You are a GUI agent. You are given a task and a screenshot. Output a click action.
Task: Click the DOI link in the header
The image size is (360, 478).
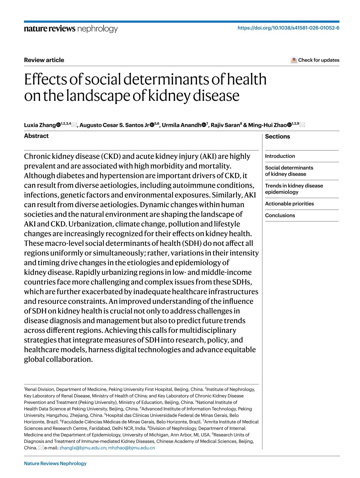(x=288, y=28)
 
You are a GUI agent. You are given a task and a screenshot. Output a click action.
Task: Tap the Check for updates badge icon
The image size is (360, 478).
(x=294, y=60)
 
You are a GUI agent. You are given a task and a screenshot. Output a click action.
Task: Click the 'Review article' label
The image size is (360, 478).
(x=44, y=60)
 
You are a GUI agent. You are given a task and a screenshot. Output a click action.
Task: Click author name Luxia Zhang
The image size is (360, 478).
(x=40, y=125)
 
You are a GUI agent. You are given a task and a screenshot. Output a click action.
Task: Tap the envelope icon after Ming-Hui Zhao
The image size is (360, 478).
(x=302, y=125)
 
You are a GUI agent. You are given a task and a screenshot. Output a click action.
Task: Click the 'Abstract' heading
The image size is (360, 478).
(x=36, y=136)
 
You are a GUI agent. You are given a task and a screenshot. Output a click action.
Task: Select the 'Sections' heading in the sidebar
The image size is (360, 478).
(x=277, y=137)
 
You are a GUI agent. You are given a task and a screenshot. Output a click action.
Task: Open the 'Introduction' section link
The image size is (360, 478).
(x=280, y=156)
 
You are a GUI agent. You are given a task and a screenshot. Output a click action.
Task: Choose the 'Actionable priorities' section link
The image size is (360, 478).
(x=289, y=204)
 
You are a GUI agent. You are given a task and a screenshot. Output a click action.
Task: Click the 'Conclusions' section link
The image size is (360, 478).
(x=280, y=215)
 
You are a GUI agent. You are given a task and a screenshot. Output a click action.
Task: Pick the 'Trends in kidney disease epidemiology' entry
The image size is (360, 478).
(x=294, y=189)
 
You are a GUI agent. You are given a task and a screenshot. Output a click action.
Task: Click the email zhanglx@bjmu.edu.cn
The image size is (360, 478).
(x=83, y=448)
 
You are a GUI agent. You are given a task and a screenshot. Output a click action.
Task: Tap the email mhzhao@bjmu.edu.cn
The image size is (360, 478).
(x=131, y=448)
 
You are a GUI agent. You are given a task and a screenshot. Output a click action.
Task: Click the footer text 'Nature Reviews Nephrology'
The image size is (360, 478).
(x=55, y=464)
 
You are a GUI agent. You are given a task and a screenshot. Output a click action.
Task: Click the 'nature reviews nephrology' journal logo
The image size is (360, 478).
(x=71, y=29)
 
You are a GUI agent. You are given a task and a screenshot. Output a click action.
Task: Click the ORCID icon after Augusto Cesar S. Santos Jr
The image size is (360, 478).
(x=152, y=125)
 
